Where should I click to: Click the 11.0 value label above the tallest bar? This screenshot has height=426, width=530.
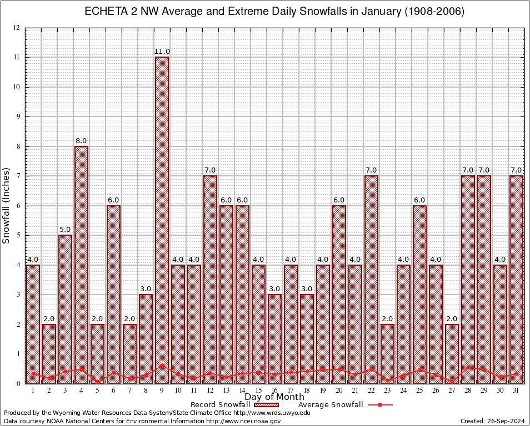click(162, 52)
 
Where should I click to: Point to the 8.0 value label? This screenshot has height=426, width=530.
click(81, 141)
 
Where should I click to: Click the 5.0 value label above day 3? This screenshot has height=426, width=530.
click(65, 230)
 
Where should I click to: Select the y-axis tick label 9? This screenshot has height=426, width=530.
click(18, 116)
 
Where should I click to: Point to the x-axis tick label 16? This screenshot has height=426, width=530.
click(274, 390)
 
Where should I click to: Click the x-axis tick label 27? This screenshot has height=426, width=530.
click(452, 390)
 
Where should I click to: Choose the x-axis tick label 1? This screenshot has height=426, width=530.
click(33, 390)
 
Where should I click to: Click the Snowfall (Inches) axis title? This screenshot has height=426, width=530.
click(7, 205)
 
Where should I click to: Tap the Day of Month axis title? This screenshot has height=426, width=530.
click(274, 397)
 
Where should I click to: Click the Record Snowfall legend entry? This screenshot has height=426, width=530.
click(228, 405)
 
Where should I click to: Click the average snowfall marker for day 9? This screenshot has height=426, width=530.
click(162, 366)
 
